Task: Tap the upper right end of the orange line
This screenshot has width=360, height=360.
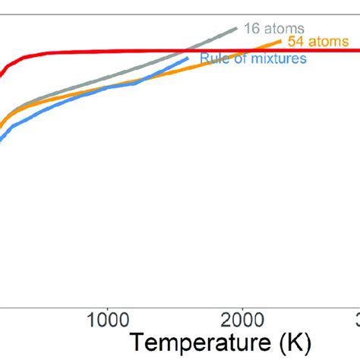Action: [282, 42]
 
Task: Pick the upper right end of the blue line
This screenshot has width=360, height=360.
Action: [188, 58]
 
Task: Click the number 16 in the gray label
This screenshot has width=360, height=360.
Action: [251, 28]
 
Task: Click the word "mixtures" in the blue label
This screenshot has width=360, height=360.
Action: [263, 59]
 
